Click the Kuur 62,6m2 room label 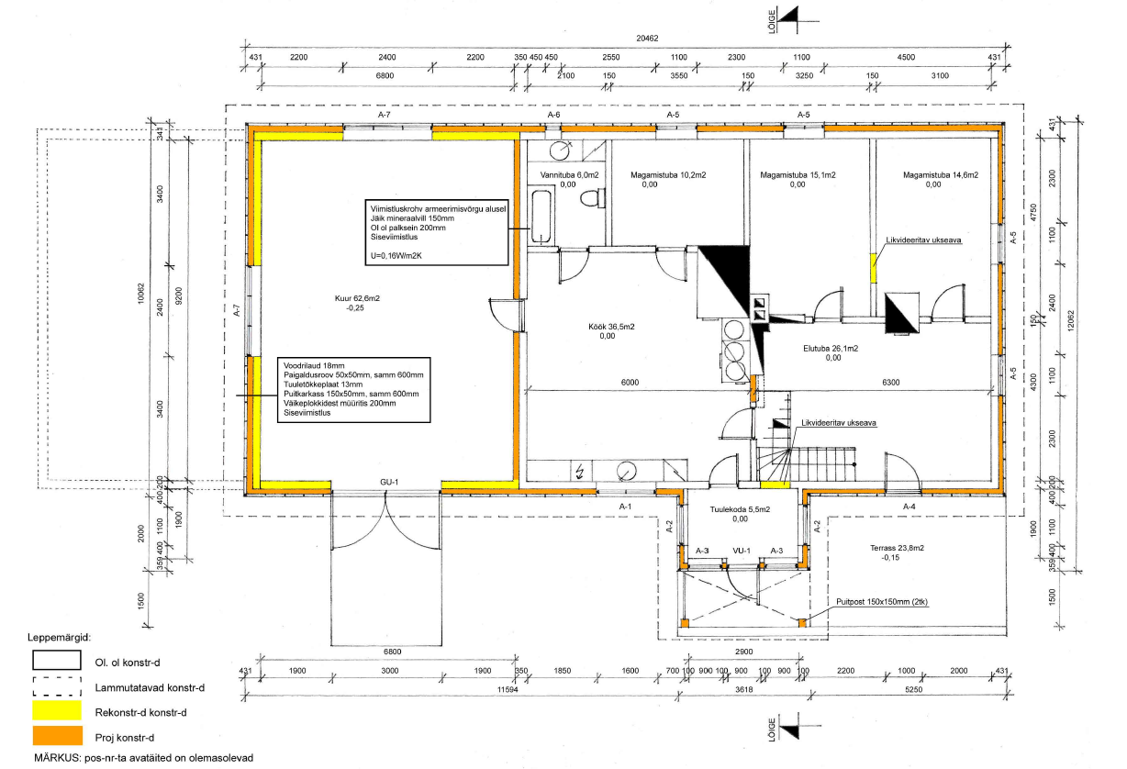(x=357, y=298)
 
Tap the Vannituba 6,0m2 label (x=570, y=175)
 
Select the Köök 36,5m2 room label (x=611, y=327)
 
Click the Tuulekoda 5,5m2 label (x=740, y=509)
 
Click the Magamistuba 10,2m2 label (x=668, y=175)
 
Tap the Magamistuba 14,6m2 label (x=941, y=175)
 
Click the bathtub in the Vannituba (x=541, y=216)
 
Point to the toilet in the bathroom (x=592, y=197)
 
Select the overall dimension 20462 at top (x=647, y=39)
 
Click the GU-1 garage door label (x=389, y=482)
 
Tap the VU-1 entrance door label (x=742, y=551)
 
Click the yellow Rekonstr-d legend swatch (x=57, y=710)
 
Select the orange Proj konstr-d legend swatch (x=57, y=735)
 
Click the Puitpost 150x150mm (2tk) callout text (x=882, y=601)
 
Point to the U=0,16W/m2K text (x=396, y=255)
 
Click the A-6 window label (x=553, y=115)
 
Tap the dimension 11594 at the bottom (x=508, y=689)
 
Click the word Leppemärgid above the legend (x=60, y=638)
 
